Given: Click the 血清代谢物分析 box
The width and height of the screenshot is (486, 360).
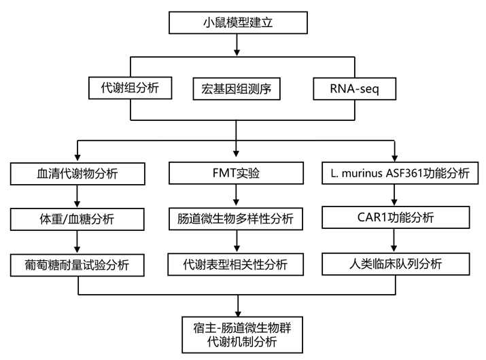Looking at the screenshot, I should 78,173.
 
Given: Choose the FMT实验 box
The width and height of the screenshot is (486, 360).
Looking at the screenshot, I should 236,173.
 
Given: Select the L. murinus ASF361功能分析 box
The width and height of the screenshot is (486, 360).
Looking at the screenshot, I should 396,173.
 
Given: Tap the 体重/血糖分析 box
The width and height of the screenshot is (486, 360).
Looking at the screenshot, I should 78,219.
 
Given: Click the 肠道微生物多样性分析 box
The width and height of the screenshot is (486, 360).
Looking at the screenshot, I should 236,219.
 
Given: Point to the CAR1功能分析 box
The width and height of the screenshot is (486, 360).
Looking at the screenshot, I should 396,219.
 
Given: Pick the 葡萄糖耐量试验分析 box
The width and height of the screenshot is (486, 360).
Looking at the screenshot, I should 78,264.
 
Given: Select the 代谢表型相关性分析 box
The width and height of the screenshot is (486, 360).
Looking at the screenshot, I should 236,264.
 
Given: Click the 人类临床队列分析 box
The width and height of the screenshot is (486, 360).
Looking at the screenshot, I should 396,264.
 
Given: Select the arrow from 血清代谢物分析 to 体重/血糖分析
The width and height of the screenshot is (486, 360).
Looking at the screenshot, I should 78,196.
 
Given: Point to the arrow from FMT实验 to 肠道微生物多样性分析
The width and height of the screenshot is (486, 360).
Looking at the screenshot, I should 236,196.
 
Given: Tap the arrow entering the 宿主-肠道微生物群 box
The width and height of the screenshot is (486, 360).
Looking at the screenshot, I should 236,305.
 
